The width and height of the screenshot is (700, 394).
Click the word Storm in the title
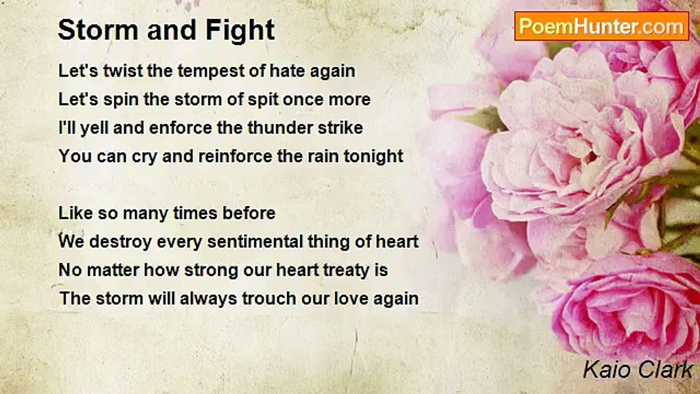click(x=98, y=30)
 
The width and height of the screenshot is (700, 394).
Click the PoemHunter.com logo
click(x=602, y=26)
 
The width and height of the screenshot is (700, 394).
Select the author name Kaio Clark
click(x=638, y=369)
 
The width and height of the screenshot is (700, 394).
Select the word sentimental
click(x=255, y=241)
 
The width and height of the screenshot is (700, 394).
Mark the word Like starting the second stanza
click(x=75, y=213)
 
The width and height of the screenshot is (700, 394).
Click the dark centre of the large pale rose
click(x=592, y=157)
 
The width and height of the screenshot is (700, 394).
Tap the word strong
click(x=211, y=271)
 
